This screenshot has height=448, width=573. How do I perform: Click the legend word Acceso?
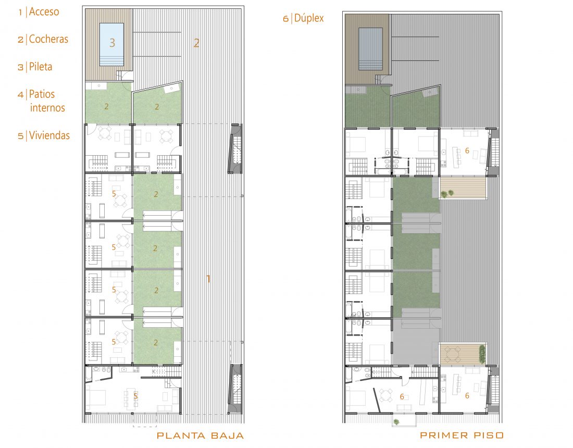tap(44, 11)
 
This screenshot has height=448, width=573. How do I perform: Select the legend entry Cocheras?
tap(48, 39)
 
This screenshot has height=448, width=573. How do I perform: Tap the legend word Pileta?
tap(41, 67)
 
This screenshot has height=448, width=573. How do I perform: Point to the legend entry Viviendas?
tap(49, 135)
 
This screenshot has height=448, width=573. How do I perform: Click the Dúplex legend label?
tap(309, 18)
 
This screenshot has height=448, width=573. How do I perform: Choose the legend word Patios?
tap(42, 94)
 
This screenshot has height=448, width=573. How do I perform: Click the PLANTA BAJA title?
tap(200, 435)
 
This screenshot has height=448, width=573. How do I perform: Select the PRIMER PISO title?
tap(462, 435)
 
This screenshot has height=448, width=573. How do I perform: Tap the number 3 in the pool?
tap(112, 43)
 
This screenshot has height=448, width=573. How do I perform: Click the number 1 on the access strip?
tap(208, 279)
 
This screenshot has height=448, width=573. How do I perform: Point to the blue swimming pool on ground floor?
tap(111, 45)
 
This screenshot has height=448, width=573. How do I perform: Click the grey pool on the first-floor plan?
tap(370, 49)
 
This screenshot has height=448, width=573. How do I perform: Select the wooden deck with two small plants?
tap(463, 188)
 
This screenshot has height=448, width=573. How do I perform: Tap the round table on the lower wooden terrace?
tap(453, 354)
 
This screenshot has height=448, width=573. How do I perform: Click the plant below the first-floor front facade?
tap(396, 422)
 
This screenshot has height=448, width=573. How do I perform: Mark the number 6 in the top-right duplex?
tap(467, 151)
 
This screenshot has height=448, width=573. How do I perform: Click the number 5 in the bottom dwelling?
tap(135, 396)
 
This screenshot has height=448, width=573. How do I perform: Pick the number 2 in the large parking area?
tap(196, 43)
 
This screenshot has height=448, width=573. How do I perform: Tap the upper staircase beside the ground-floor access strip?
tap(236, 149)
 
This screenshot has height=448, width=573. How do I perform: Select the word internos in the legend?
tap(47, 108)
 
